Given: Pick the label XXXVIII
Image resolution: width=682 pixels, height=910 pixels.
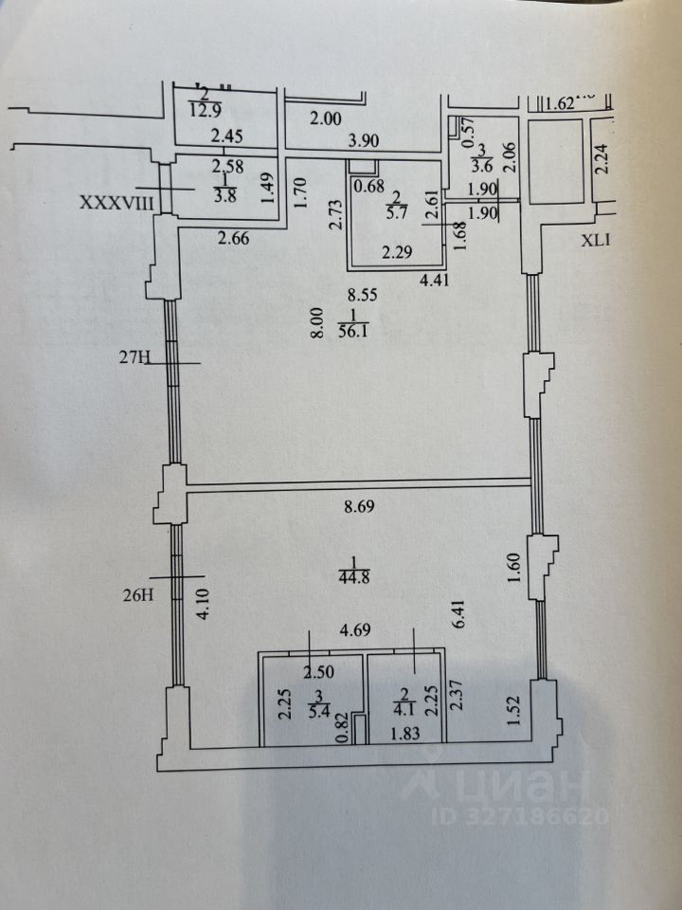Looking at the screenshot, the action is (x=116, y=203).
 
